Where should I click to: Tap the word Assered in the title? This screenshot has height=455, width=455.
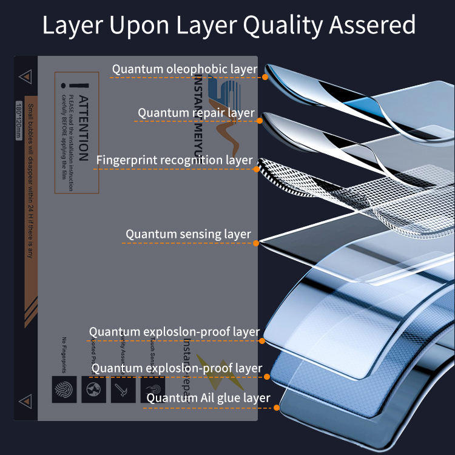pos(374,25)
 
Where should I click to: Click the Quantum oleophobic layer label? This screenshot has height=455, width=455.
pos(184,69)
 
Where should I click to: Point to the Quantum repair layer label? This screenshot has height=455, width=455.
pos(196,112)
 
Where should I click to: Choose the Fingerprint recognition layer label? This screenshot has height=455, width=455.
pos(174,160)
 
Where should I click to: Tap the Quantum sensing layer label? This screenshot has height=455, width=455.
pos(188,234)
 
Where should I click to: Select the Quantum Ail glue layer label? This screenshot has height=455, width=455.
pos(208,399)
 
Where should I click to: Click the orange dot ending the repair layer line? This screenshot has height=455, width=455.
pos(259,121)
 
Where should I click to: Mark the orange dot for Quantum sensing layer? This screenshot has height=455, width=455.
pos(256,243)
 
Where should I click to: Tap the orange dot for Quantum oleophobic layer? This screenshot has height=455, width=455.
pos(265,77)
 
